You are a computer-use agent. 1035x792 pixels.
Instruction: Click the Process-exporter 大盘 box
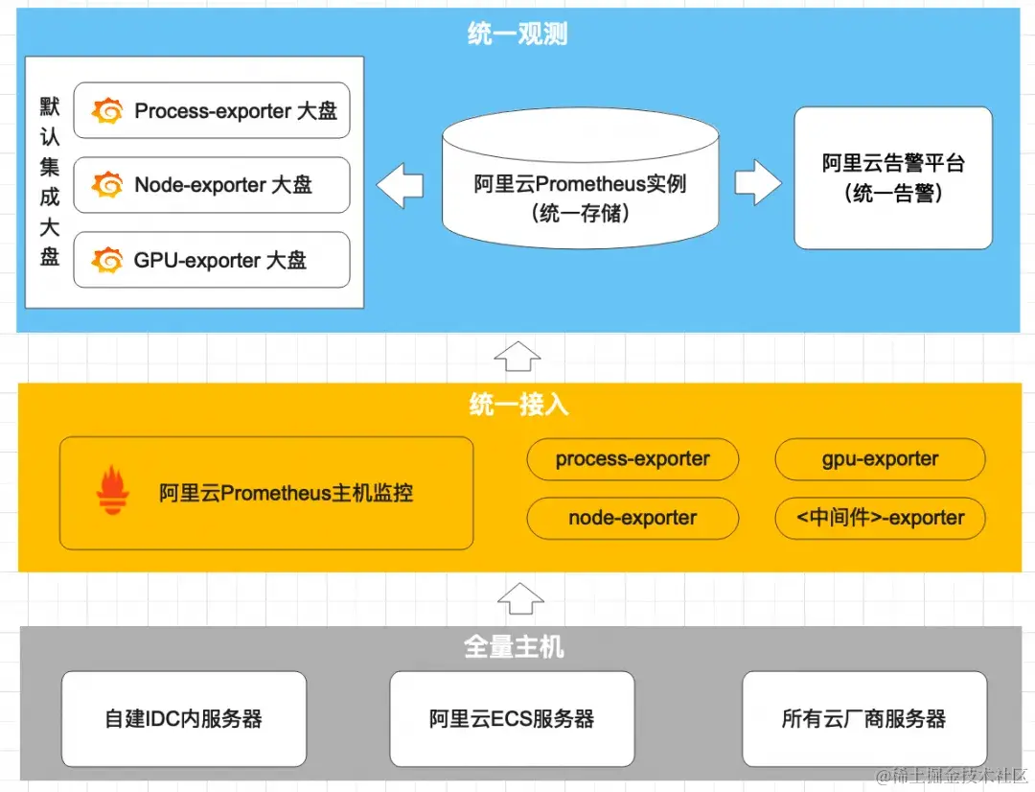coord(212,111)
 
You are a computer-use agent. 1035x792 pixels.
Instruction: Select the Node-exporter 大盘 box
coord(212,185)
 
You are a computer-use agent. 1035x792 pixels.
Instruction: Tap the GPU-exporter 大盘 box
coord(212,260)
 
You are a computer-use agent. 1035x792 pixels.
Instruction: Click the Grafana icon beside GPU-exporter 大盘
coord(108,260)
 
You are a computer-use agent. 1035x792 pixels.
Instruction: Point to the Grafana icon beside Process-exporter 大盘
coord(108,111)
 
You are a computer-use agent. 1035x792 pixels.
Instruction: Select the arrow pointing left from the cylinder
coord(400,185)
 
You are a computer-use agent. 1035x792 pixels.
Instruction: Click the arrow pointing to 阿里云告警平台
coord(758,182)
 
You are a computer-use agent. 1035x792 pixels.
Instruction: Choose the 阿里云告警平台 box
coord(893,178)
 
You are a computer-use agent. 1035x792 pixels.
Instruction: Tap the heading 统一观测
coord(517,35)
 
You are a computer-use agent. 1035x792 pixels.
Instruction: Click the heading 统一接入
coord(518,405)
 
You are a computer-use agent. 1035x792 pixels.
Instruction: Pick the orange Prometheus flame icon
coord(112,491)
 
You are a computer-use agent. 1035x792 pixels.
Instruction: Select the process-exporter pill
coord(632,459)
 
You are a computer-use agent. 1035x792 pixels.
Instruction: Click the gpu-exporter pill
coord(880,459)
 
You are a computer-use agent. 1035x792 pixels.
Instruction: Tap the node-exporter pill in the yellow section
coord(632,518)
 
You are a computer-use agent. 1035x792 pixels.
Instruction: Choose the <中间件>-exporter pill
coord(880,518)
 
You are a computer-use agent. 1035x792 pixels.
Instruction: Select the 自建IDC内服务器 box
coord(184,718)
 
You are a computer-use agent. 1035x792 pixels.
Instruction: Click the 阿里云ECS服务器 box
coord(512,718)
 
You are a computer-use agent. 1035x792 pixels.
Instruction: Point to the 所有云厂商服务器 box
coord(863,718)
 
